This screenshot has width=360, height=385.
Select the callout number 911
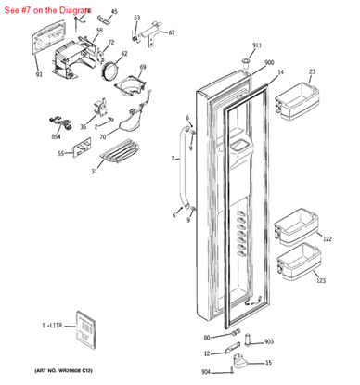point(257,45)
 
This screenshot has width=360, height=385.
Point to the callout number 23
point(312,71)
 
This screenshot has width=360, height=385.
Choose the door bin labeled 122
point(295,226)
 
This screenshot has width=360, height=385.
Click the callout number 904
point(205,372)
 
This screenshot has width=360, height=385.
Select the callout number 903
point(269,341)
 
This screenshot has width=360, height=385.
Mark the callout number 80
point(207,337)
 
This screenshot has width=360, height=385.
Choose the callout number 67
point(171,32)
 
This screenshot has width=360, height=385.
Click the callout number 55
point(60,153)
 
